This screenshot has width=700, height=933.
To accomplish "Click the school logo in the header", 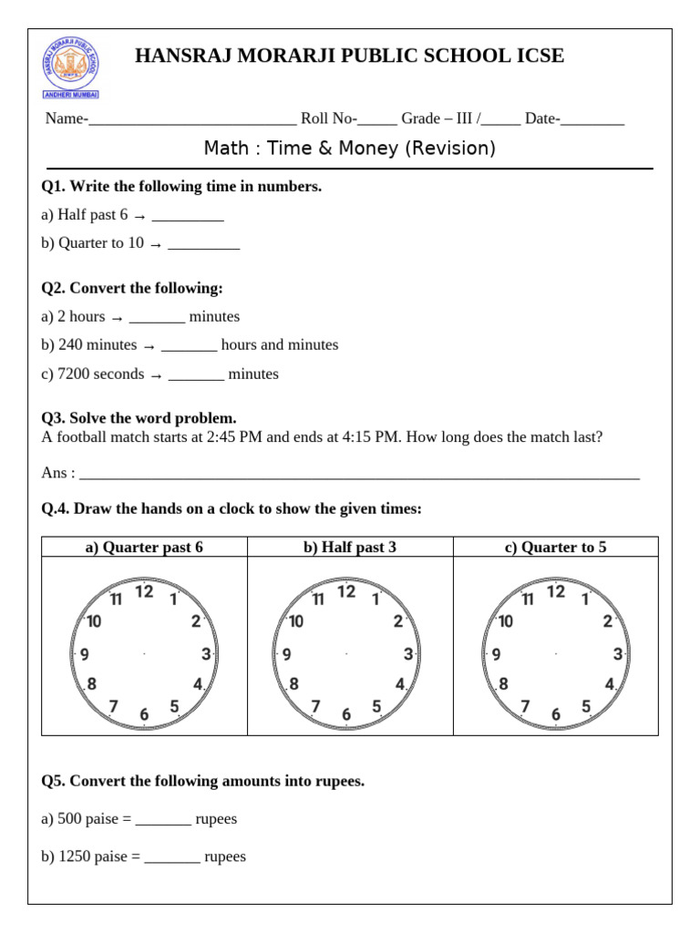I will coord(71,69).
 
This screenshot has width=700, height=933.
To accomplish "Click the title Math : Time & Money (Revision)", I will coord(350,149).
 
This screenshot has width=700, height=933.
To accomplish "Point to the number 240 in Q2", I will coord(70,345).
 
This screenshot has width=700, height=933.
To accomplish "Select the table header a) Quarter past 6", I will coord(144,548).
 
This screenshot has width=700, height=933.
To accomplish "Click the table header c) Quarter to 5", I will coord(555,548).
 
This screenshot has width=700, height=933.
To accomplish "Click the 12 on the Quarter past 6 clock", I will coord(144,592).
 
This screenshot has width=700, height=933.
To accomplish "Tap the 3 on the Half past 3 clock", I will coord(408,653).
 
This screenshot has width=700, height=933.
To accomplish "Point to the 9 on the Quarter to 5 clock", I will coord(496,654).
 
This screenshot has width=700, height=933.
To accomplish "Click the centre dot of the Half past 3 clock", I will coord(346,653).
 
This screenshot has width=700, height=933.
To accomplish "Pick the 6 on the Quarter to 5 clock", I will coord(556,715).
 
